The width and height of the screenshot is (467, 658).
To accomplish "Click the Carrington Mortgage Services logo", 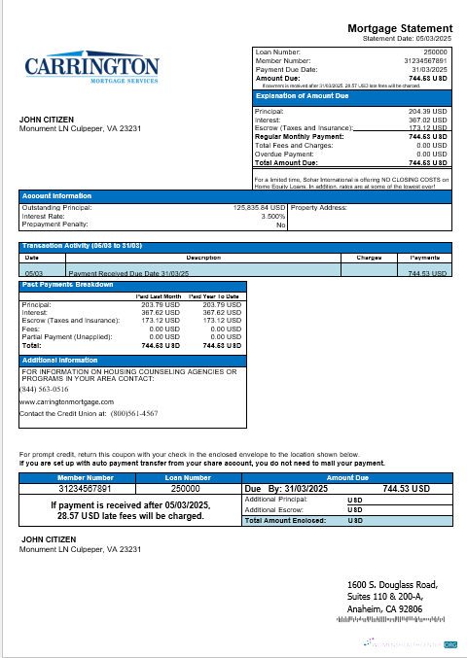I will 91,69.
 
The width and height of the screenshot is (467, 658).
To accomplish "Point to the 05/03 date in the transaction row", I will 31,274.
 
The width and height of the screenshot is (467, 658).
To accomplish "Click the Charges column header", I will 368,258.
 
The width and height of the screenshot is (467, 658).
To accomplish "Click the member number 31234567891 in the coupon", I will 86,490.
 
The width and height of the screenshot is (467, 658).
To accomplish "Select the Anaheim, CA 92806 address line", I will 385,607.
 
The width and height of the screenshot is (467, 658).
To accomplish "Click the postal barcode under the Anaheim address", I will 389,619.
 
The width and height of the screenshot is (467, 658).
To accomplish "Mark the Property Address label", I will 319,207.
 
